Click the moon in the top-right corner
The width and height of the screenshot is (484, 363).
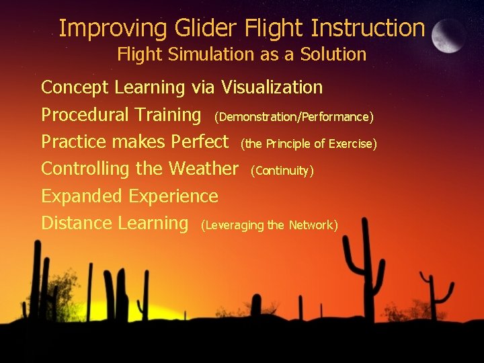449,35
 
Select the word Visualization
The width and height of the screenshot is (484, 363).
272,87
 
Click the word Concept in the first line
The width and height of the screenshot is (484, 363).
75,87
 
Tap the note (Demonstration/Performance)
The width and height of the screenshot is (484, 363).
293,117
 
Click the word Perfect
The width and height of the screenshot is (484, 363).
200,142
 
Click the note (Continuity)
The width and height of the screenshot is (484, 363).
282,171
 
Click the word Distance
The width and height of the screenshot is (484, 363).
76,223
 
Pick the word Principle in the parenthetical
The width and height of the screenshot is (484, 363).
290,144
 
